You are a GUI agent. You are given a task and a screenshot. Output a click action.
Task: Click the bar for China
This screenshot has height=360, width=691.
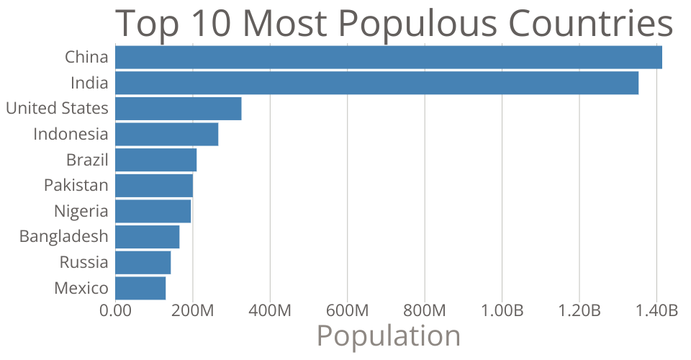(388, 57)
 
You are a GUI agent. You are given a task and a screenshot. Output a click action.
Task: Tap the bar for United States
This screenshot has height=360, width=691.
(178, 109)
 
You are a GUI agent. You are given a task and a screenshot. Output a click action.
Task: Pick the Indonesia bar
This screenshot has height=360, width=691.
(166, 134)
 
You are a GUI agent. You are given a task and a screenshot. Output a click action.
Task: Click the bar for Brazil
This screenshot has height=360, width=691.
(155, 160)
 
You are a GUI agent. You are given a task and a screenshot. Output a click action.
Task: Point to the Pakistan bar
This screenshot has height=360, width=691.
(154, 186)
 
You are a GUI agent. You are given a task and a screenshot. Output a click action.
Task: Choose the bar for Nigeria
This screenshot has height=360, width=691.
(153, 211)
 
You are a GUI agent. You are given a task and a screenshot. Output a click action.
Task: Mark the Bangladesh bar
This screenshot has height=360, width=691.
(147, 237)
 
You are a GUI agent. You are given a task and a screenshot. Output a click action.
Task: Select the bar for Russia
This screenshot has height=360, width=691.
(143, 263)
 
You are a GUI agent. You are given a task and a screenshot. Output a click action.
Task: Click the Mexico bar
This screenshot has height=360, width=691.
(140, 288)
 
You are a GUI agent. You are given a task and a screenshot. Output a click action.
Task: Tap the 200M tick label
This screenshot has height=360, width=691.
(192, 311)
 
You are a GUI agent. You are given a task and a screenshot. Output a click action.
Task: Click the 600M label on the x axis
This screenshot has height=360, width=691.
(348, 311)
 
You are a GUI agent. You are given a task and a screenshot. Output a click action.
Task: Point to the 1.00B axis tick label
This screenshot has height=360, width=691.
(502, 311)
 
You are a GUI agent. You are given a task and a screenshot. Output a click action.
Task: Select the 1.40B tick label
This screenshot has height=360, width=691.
(656, 311)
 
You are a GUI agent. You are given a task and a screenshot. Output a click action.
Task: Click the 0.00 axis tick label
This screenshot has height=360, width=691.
(115, 311)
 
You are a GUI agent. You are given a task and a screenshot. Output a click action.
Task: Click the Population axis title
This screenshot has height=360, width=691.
(388, 336)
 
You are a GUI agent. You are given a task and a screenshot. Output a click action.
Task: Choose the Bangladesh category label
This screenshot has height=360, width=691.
(64, 237)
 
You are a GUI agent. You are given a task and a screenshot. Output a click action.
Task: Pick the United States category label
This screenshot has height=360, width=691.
(57, 109)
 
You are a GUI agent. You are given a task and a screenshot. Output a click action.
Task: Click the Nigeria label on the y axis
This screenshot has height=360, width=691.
(81, 211)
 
